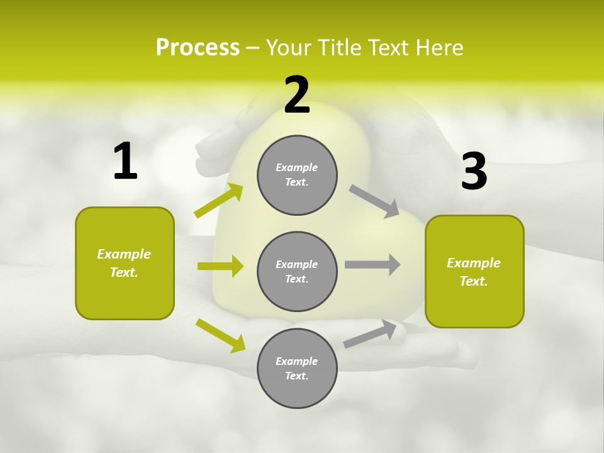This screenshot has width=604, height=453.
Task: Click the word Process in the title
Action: click(x=198, y=47)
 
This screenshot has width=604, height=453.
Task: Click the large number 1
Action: click(x=125, y=162)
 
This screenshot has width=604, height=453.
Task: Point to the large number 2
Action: click(x=297, y=95)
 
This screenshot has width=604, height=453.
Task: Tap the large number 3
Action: click(x=474, y=172)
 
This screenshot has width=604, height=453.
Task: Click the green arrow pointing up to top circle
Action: click(x=218, y=201)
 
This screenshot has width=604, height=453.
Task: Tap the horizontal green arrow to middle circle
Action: click(x=220, y=266)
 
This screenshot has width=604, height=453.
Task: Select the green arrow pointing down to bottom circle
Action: click(x=220, y=335)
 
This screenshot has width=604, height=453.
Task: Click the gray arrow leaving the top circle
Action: click(x=374, y=201)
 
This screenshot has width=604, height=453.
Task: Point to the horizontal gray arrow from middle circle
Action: click(x=372, y=265)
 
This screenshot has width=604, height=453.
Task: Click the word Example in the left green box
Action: click(x=124, y=254)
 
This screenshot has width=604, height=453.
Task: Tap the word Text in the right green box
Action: click(x=473, y=281)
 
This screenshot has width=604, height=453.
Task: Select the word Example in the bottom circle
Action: click(x=296, y=361)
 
